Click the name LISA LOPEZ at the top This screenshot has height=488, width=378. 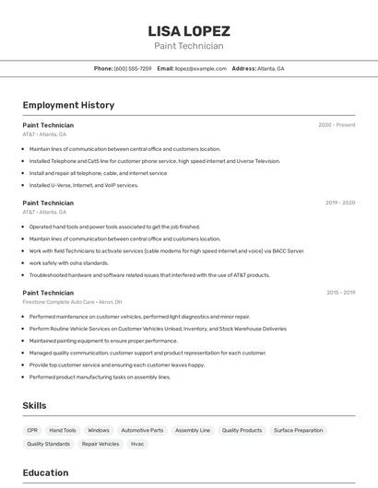coord(189,30)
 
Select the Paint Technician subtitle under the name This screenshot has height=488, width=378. coord(189,46)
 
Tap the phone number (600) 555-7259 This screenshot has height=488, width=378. coord(133,69)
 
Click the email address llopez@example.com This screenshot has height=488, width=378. coord(200,69)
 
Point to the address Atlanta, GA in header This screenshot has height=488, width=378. coord(270,69)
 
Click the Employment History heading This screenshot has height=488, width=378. coord(68,105)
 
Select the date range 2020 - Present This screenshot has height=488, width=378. coord(337,125)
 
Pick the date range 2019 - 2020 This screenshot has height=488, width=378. coord(339,203)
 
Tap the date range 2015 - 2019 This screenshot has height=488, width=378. coord(340,293)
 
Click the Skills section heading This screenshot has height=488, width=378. coord(34,406)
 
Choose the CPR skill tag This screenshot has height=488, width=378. coord(32,430)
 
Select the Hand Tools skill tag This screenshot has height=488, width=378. coord(63,430)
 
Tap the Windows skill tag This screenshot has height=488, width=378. coord(99,430)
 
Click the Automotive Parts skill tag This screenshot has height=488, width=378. coord(142,430)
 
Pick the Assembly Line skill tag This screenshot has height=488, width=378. coord(193,430)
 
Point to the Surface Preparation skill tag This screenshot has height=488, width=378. coord(298,430)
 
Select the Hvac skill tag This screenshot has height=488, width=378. coord(137,444)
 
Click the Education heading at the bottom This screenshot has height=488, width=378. coord(45,473)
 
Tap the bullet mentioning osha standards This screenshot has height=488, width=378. coord(69,263)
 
